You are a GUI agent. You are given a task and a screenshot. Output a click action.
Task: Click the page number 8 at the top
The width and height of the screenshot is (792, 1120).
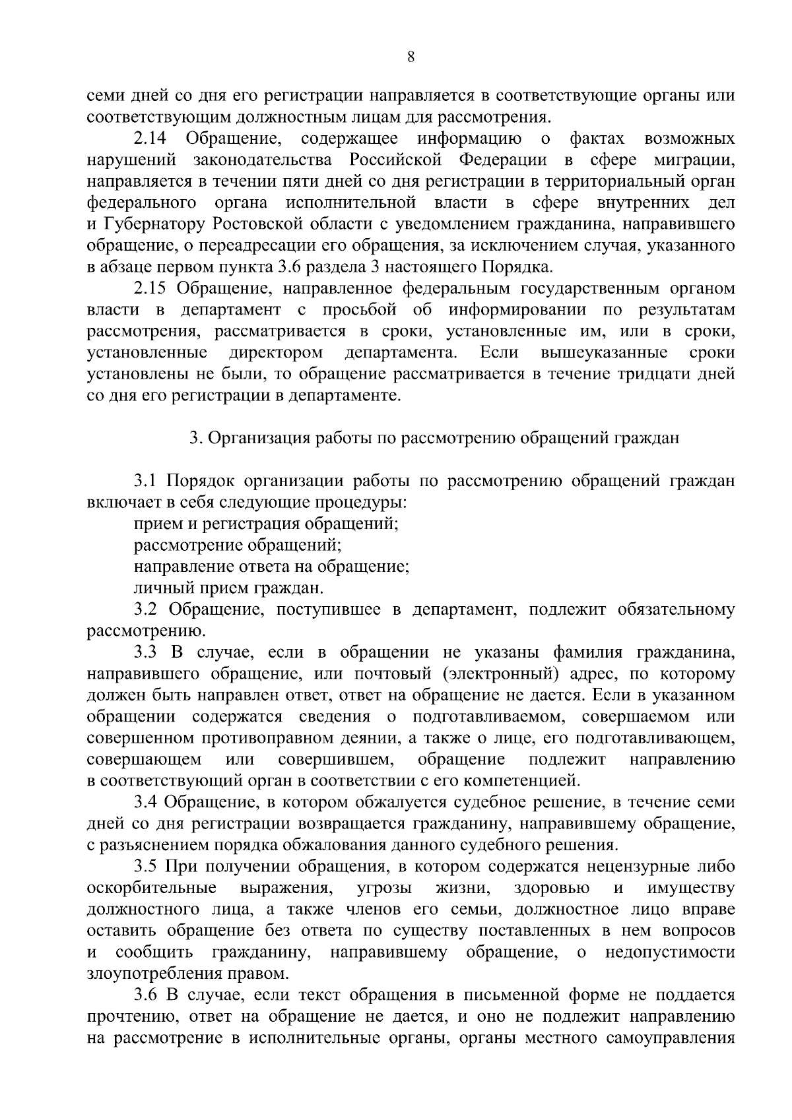411,57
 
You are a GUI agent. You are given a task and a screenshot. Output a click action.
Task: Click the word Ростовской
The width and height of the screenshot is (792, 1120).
258,225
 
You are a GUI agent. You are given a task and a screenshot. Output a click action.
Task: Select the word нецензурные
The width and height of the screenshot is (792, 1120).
630,867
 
